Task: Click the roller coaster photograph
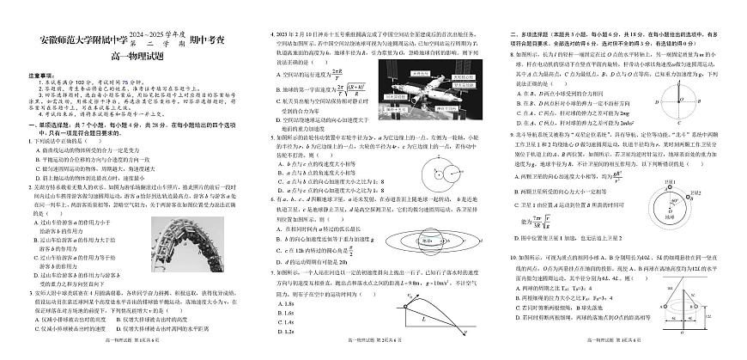[191, 243]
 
